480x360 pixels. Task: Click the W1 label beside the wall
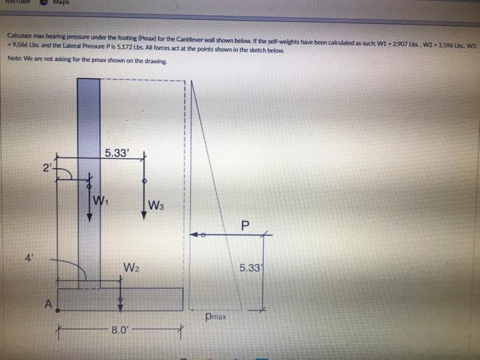pos(100,201)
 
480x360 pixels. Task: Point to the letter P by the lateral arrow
pos(245,226)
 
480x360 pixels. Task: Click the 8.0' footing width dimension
pos(119,331)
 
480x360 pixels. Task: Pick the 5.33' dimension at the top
pos(116,152)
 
